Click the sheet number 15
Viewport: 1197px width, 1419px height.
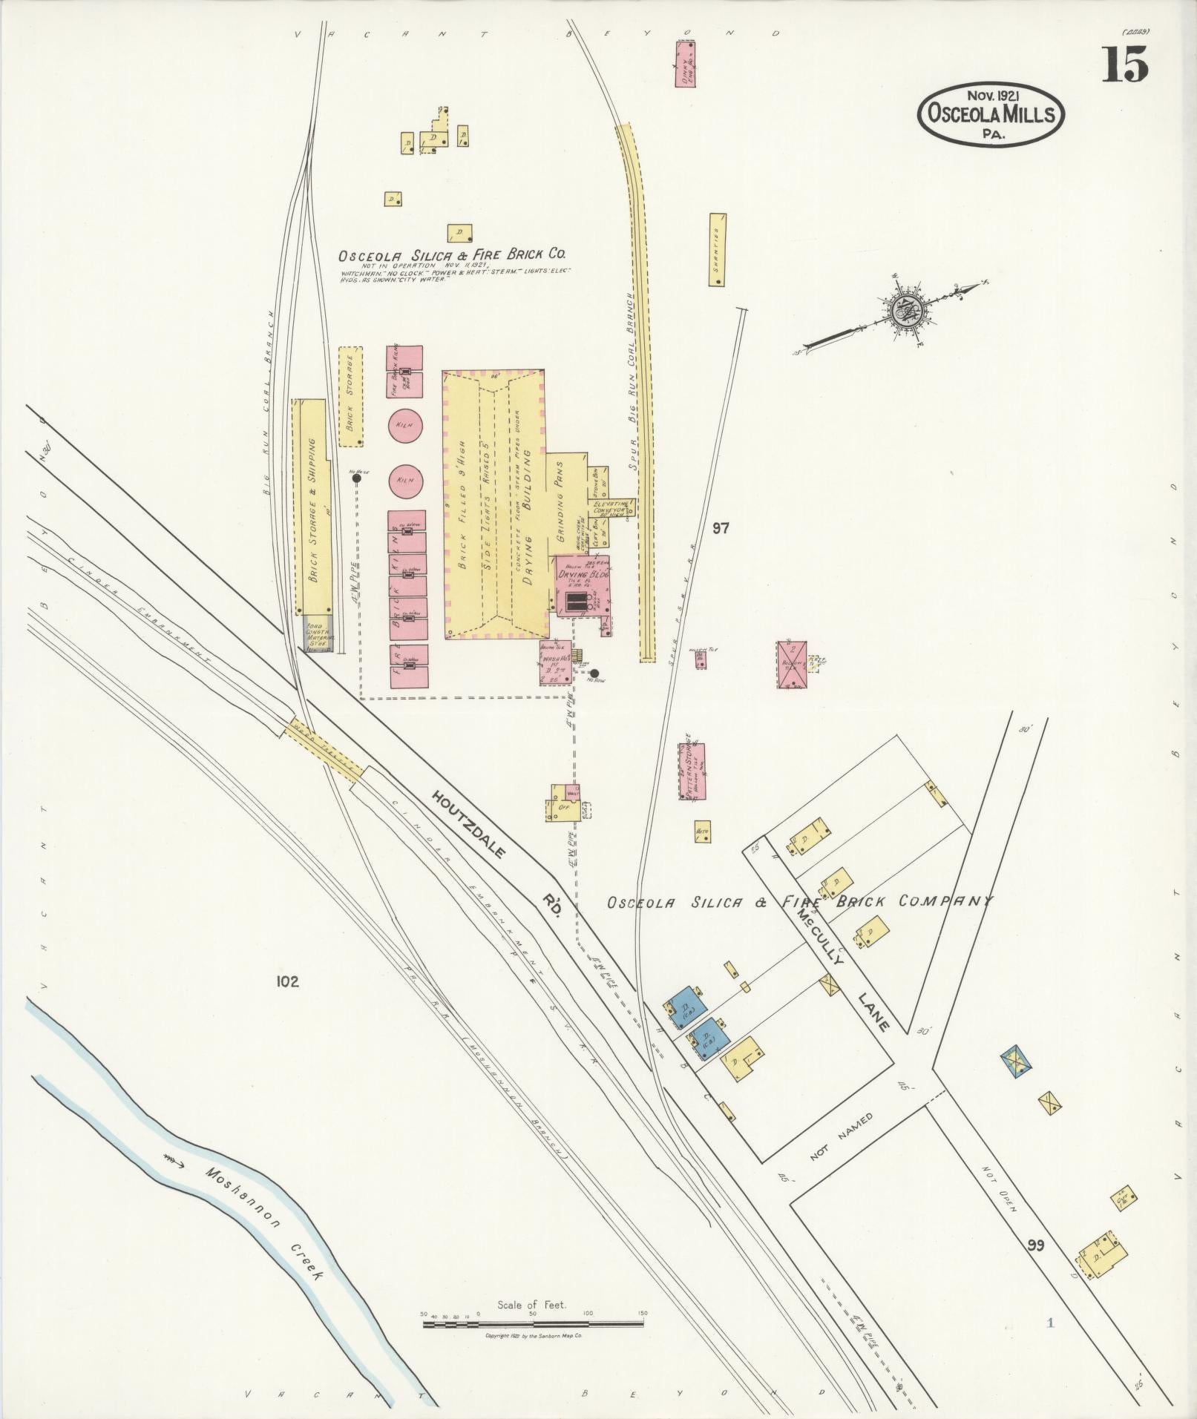[x=1124, y=65]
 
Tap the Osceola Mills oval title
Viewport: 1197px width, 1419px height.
[x=991, y=115]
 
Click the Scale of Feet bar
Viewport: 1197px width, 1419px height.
[x=534, y=803]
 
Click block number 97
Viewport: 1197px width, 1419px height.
[x=720, y=528]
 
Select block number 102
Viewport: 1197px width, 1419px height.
[x=286, y=982]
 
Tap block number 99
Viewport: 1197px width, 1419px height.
[x=1036, y=1245]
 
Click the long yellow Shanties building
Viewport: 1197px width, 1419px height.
[x=717, y=250]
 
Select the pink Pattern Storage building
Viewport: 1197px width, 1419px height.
[x=692, y=771]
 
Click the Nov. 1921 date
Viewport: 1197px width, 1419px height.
[x=991, y=95]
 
